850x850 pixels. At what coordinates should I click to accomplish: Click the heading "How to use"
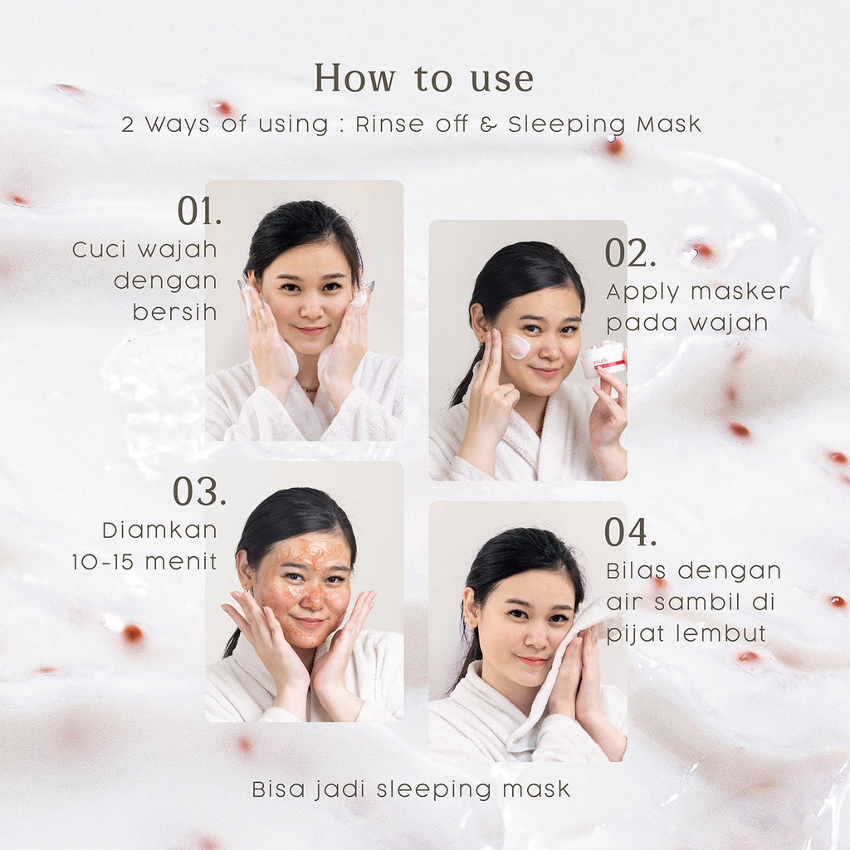[x=424, y=78]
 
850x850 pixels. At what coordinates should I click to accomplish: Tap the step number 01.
[x=199, y=211]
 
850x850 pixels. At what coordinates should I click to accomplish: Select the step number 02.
[x=631, y=253]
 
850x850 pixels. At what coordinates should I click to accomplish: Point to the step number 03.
[x=199, y=491]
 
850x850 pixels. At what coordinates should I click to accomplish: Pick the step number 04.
[x=631, y=532]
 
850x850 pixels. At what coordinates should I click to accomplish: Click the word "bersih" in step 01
[x=174, y=312]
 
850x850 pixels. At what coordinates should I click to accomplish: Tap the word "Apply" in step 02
[x=643, y=293]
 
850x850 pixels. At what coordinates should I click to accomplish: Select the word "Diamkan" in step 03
[x=160, y=530]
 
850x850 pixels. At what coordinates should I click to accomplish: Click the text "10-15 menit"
[x=144, y=562]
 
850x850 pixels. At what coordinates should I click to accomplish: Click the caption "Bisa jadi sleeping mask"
[x=412, y=789]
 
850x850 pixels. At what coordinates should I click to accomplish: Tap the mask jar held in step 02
[x=603, y=362]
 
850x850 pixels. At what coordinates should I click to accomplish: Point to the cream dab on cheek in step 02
[x=516, y=346]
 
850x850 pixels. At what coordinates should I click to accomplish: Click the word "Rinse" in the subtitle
[x=390, y=125]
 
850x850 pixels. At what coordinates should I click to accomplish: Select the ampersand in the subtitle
[x=488, y=125]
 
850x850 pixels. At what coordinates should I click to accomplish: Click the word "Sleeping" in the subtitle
[x=566, y=125]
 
